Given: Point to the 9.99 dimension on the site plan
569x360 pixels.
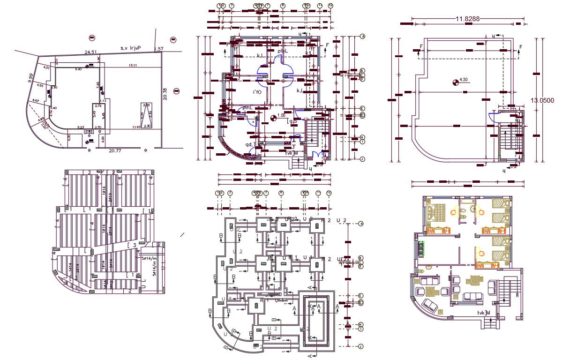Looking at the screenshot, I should [31, 78].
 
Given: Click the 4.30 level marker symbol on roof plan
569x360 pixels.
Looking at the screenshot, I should [455, 83].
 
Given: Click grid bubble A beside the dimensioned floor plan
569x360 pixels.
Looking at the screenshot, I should [362, 37].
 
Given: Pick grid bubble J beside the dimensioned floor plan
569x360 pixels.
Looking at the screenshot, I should [362, 159].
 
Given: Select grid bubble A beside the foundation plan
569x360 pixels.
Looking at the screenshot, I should [361, 224].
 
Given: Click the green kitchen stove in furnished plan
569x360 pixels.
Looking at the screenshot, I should [422, 248].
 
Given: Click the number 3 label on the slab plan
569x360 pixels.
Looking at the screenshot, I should [134, 245].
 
